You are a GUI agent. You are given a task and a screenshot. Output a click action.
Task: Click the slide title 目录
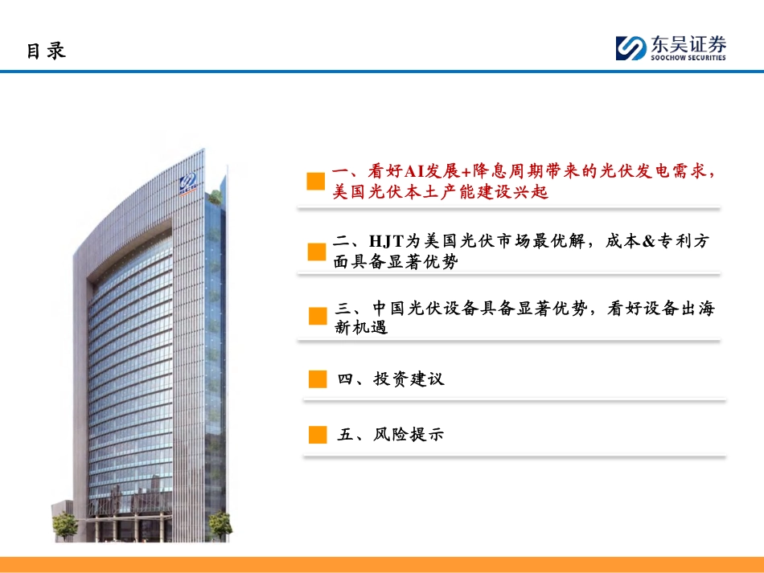(x=46, y=51)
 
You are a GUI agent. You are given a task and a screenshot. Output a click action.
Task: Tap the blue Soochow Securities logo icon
(x=631, y=48)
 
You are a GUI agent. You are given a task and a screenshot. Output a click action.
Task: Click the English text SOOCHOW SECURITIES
(x=688, y=57)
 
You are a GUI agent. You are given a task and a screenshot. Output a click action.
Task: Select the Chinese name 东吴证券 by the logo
(x=688, y=44)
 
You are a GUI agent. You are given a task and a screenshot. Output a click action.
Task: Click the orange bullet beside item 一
(x=316, y=181)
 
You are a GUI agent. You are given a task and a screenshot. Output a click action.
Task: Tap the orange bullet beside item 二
(x=317, y=252)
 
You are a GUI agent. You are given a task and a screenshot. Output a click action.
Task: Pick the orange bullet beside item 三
(x=318, y=316)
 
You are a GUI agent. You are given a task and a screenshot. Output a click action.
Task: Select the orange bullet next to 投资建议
(x=318, y=379)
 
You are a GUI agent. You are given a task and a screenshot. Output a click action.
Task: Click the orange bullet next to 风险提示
(x=318, y=435)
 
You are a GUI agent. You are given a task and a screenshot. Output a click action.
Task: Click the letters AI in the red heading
(x=415, y=171)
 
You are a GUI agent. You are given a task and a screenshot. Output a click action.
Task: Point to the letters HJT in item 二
(x=387, y=241)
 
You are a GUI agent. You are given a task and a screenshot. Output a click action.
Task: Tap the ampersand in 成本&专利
(x=648, y=241)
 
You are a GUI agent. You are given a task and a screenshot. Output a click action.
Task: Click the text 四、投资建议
(x=391, y=379)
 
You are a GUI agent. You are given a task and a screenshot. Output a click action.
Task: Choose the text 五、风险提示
(x=391, y=434)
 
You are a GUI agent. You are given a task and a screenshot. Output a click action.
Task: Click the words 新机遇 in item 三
(x=361, y=327)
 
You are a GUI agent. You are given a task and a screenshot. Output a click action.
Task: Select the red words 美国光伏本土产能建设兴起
(x=441, y=192)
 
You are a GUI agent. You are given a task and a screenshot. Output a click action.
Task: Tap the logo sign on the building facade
(x=188, y=183)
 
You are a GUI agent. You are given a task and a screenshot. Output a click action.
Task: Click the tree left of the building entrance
(x=64, y=526)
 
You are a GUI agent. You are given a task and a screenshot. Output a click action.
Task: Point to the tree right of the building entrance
(x=220, y=526)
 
